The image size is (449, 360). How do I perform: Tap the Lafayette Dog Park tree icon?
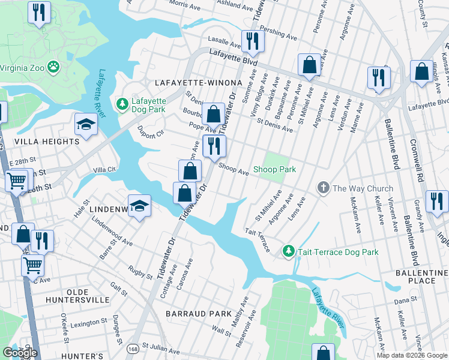[122, 105]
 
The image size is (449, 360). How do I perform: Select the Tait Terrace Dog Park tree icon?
[289, 251]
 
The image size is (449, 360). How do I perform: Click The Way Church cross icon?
[323, 188]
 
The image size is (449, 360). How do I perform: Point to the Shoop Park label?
[274, 170]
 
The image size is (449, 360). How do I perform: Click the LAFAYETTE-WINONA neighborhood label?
[198, 82]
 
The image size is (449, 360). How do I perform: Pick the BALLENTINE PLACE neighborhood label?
[420, 277]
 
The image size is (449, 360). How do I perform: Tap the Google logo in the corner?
[20, 353]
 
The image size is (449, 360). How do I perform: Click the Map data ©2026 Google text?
[412, 355]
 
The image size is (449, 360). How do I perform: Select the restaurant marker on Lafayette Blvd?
[250, 41]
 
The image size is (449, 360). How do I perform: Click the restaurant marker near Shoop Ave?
[214, 145]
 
